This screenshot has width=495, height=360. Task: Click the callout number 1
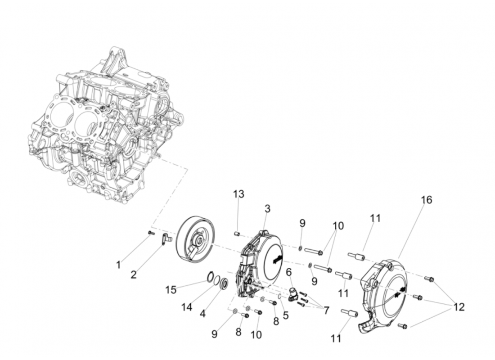point(118,265)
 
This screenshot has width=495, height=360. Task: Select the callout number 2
point(134,274)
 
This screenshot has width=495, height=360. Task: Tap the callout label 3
point(267,209)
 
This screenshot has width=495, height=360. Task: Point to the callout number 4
point(203,314)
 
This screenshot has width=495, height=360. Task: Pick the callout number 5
point(286,315)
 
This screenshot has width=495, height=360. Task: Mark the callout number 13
point(238,194)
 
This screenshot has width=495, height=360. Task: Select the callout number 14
point(187,307)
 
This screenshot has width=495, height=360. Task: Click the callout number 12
point(459,307)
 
